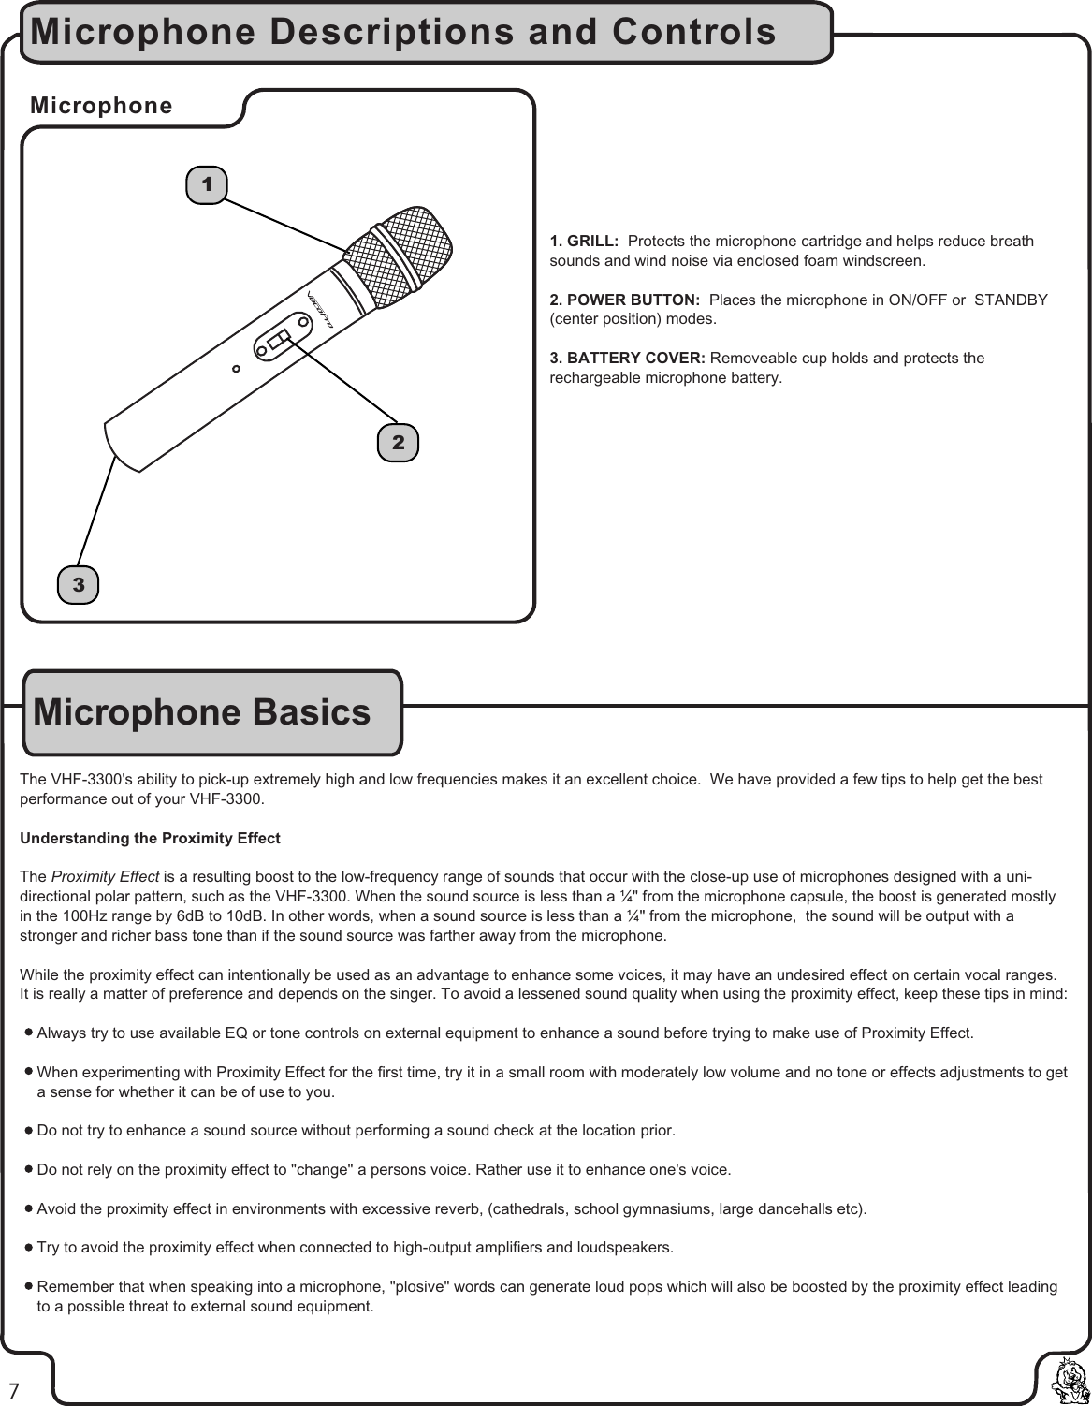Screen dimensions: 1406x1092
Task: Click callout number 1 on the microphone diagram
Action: click(x=207, y=184)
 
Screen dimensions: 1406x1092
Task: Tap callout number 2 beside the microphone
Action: click(x=399, y=443)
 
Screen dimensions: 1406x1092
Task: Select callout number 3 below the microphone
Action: click(x=79, y=585)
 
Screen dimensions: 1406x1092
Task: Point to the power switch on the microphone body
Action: click(x=277, y=341)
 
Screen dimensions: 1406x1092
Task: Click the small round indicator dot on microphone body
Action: click(x=237, y=368)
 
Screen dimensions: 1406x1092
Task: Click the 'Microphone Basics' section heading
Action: click(x=202, y=713)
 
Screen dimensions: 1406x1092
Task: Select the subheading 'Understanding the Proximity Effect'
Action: click(x=150, y=838)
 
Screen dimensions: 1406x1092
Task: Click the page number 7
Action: click(x=14, y=1386)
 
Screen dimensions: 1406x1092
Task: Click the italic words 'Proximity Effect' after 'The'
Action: click(x=105, y=877)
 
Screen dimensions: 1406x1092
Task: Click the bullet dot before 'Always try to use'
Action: click(x=29, y=1033)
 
